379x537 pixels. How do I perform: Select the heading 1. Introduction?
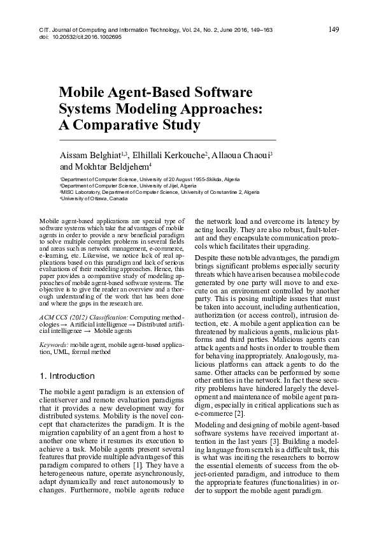pos(66,376)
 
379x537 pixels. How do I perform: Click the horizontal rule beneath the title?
pos(167,139)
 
